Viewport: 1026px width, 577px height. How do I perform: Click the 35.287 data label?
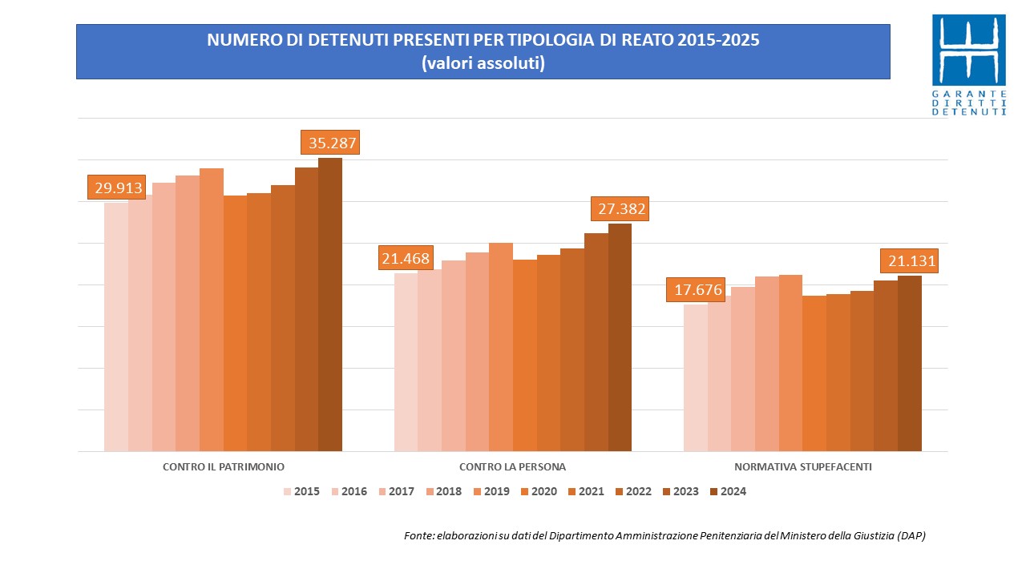point(329,143)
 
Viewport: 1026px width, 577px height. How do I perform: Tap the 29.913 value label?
point(119,188)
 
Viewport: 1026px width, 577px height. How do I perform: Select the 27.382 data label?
point(619,209)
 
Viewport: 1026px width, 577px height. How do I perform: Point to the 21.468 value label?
point(406,258)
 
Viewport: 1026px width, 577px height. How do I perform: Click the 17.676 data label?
point(698,289)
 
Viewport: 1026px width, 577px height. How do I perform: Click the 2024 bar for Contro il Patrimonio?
point(330,305)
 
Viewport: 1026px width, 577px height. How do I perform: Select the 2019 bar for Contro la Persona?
point(501,347)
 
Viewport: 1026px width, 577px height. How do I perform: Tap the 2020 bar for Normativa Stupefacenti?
point(814,373)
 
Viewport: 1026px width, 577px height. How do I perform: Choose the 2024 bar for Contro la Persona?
point(620,337)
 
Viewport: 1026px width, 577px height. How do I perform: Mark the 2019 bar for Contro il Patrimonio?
point(212,310)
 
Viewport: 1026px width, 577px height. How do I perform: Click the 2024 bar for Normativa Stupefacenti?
point(910,363)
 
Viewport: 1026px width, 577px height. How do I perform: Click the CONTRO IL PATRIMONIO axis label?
point(224,466)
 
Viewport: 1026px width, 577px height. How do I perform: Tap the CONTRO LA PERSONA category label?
point(513,466)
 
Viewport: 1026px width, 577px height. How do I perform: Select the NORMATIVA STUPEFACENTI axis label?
point(802,466)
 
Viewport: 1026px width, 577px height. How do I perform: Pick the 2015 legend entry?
point(301,491)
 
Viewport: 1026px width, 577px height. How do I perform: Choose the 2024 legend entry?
point(728,491)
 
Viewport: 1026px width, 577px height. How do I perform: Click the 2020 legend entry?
point(538,491)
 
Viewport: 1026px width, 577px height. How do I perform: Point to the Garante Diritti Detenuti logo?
point(968,64)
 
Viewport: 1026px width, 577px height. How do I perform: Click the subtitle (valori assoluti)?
point(483,63)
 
